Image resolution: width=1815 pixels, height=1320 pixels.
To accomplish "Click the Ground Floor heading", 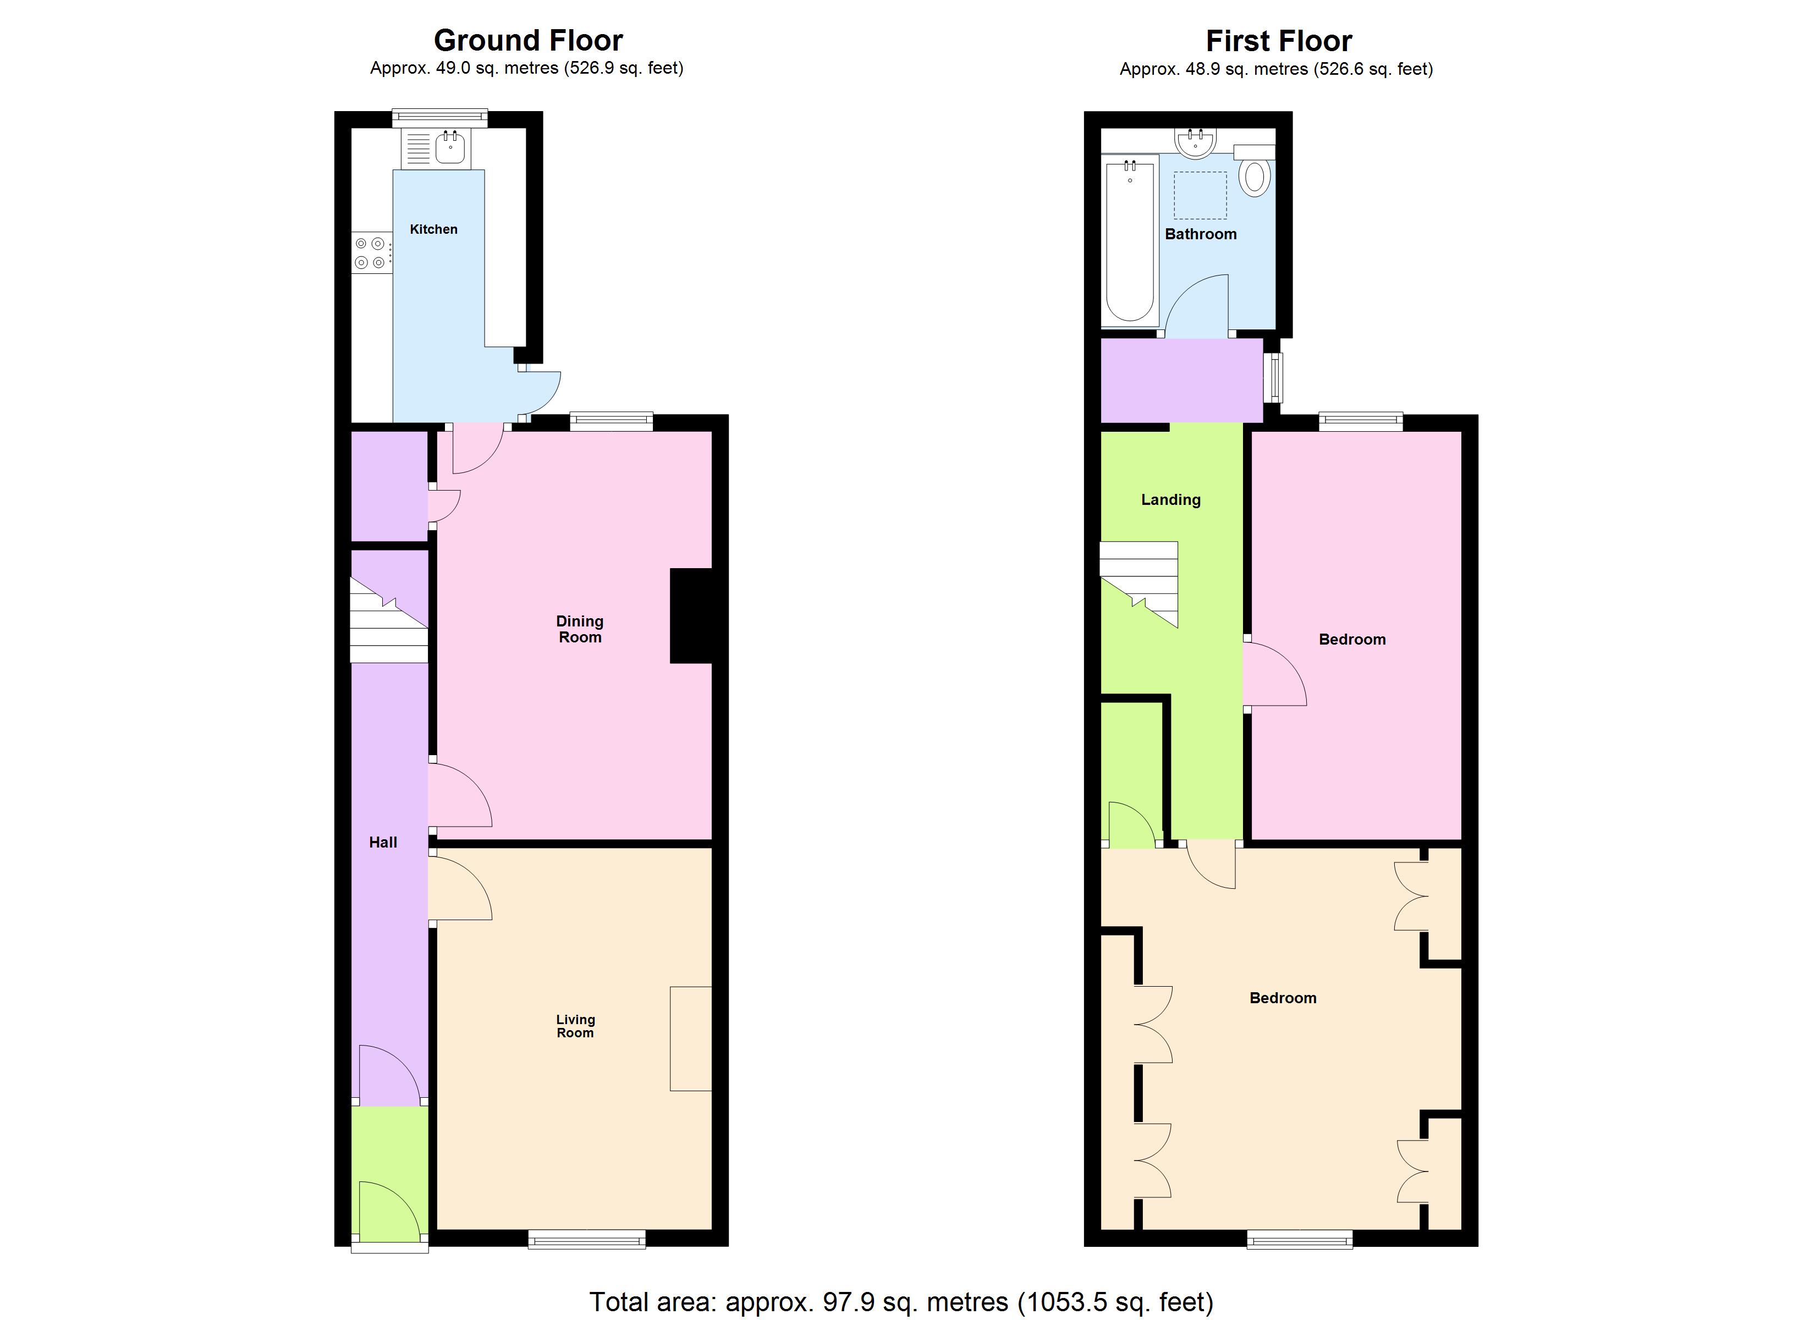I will coord(527,40).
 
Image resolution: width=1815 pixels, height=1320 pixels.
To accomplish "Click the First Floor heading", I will coord(1278,41).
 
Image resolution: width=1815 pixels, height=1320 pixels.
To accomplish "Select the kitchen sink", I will coord(450,147).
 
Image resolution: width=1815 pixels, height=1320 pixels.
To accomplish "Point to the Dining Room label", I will coord(579,629).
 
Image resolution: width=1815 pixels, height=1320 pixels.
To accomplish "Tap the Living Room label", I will coord(575,1026).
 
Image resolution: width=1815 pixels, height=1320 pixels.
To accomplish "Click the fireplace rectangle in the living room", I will coord(690,1038).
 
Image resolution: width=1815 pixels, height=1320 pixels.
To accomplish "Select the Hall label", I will coord(383,842).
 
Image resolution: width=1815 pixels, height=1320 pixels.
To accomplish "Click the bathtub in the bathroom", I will coord(1129,240).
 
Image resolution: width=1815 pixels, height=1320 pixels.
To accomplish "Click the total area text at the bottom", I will coord(901,1302).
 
